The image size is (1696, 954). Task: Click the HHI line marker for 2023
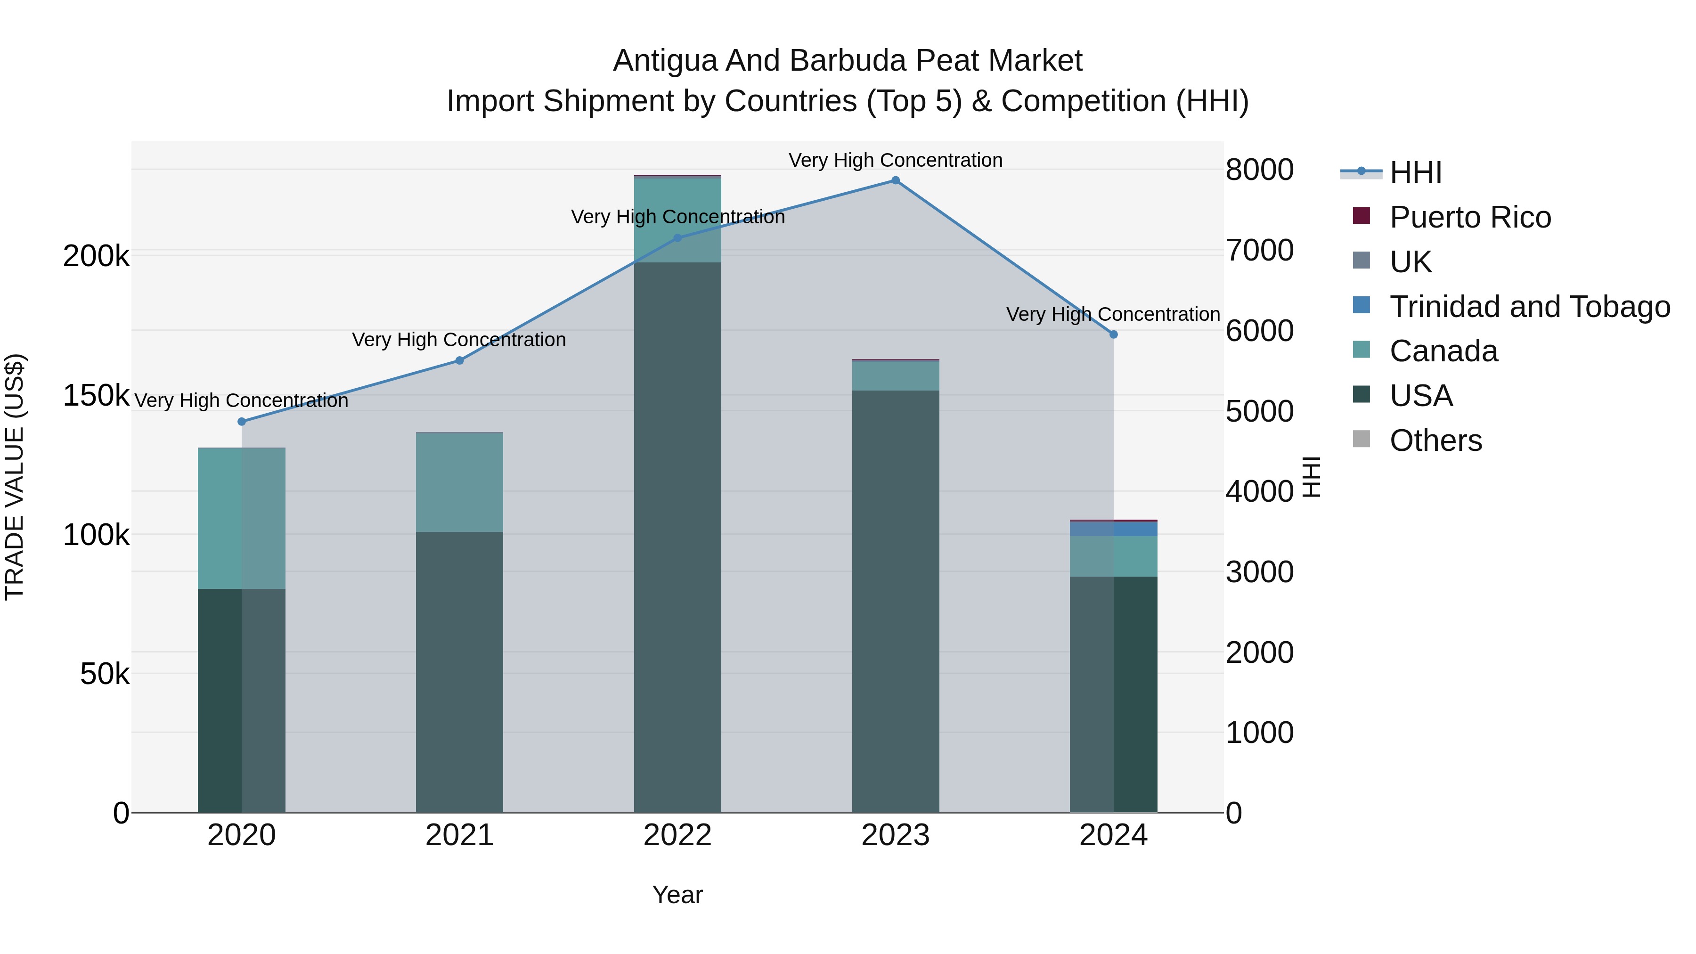pos(896,180)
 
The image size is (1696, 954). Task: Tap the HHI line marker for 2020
pos(242,421)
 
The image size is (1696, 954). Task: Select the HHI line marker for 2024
pos(1113,334)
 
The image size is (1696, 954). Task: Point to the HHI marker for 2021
pos(459,361)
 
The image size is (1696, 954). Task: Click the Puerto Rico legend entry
pos(1469,217)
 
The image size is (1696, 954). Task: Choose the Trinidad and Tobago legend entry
pos(1529,307)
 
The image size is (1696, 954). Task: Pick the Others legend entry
pos(1435,440)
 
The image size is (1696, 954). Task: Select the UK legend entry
pos(1410,262)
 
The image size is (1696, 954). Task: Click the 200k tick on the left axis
pos(96,256)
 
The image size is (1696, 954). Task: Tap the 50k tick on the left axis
pos(105,674)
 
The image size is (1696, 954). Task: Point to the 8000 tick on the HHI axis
pos(1259,170)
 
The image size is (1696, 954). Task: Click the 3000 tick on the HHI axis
pos(1259,571)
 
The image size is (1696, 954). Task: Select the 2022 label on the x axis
pos(677,835)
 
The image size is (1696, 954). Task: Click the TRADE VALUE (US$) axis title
pos(15,477)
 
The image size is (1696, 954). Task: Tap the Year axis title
pos(677,895)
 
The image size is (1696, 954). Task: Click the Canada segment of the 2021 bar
pos(459,482)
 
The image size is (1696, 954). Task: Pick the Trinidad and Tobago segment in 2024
pos(1113,529)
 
